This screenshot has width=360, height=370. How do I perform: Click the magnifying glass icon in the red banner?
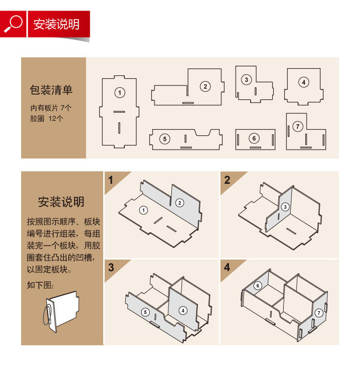click(x=13, y=24)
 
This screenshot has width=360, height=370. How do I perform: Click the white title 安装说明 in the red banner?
click(x=56, y=24)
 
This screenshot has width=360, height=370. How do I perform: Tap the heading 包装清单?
click(x=51, y=90)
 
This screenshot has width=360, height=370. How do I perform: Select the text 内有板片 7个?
click(x=51, y=108)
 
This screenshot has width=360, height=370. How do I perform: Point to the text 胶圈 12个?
click(x=47, y=118)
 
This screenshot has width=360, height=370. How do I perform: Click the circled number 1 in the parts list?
click(x=120, y=93)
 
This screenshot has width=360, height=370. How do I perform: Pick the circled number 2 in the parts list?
click(x=205, y=86)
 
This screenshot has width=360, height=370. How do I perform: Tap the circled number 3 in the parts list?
click(x=246, y=80)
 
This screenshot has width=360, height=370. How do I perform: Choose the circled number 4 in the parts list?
click(x=303, y=82)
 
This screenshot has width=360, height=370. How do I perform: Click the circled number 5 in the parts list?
click(x=165, y=139)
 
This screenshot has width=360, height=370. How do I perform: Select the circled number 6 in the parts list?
click(x=254, y=138)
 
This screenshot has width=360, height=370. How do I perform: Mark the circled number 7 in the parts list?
click(x=298, y=127)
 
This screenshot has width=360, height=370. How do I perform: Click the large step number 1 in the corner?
click(x=110, y=180)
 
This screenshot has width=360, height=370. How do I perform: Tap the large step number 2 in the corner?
click(x=227, y=180)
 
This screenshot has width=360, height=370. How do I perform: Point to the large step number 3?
click(x=111, y=268)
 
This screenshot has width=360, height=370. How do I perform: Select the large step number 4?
click(x=227, y=267)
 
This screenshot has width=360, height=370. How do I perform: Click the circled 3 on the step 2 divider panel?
click(x=285, y=207)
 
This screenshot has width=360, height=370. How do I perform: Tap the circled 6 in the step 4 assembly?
click(x=258, y=286)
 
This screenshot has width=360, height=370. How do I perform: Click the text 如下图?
click(x=40, y=285)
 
